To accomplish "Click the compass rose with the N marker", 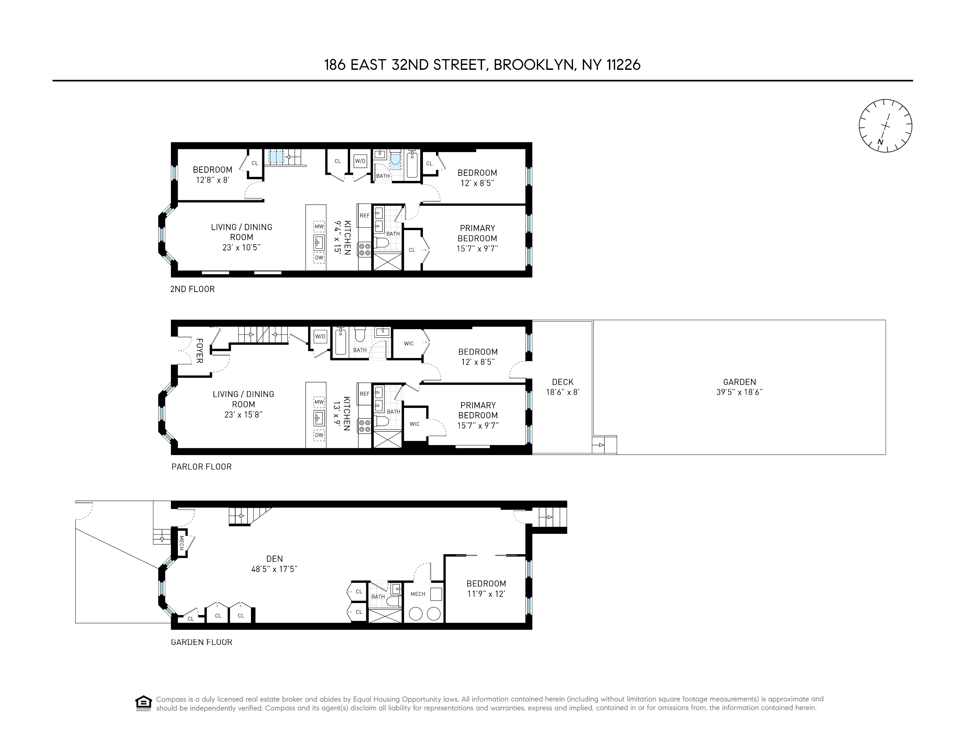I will pyautogui.click(x=885, y=126).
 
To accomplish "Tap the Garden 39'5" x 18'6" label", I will pyautogui.click(x=739, y=387).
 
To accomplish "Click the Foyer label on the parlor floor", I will pyautogui.click(x=199, y=351).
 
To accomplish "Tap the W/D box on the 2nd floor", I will pyautogui.click(x=360, y=161).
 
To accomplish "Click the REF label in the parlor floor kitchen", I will pyautogui.click(x=365, y=394).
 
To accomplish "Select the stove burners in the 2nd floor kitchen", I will pyautogui.click(x=364, y=250).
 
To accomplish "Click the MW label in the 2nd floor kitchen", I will pyautogui.click(x=319, y=227).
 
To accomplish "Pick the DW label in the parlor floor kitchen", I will pyautogui.click(x=319, y=435).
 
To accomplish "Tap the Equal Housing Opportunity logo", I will pyautogui.click(x=143, y=703).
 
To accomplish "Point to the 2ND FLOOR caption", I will pyautogui.click(x=192, y=289).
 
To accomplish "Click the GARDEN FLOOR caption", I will pyautogui.click(x=201, y=642).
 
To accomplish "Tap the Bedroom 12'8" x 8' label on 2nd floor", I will pyautogui.click(x=212, y=174).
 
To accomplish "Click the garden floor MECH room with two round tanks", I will pyautogui.click(x=423, y=605).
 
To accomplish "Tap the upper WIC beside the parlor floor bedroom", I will pyautogui.click(x=409, y=343).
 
